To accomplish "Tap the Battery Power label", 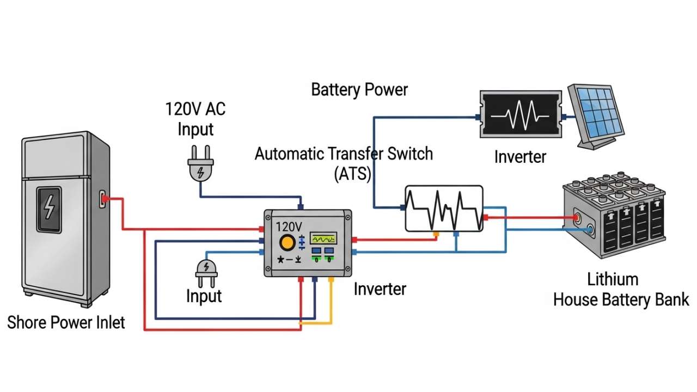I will click(x=359, y=89).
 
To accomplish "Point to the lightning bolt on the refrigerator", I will click(x=49, y=208).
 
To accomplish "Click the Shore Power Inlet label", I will click(x=66, y=322).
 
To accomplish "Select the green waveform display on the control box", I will click(x=323, y=238).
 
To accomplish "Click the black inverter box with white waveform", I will click(x=520, y=115).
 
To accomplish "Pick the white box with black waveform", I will click(x=444, y=209).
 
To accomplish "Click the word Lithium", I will click(x=613, y=279).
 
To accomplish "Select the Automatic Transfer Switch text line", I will click(x=344, y=154).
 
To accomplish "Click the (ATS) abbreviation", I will click(x=352, y=174).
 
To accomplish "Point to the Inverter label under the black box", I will click(x=520, y=157).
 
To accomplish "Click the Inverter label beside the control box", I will click(x=380, y=289).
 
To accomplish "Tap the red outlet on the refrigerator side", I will click(x=103, y=200).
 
